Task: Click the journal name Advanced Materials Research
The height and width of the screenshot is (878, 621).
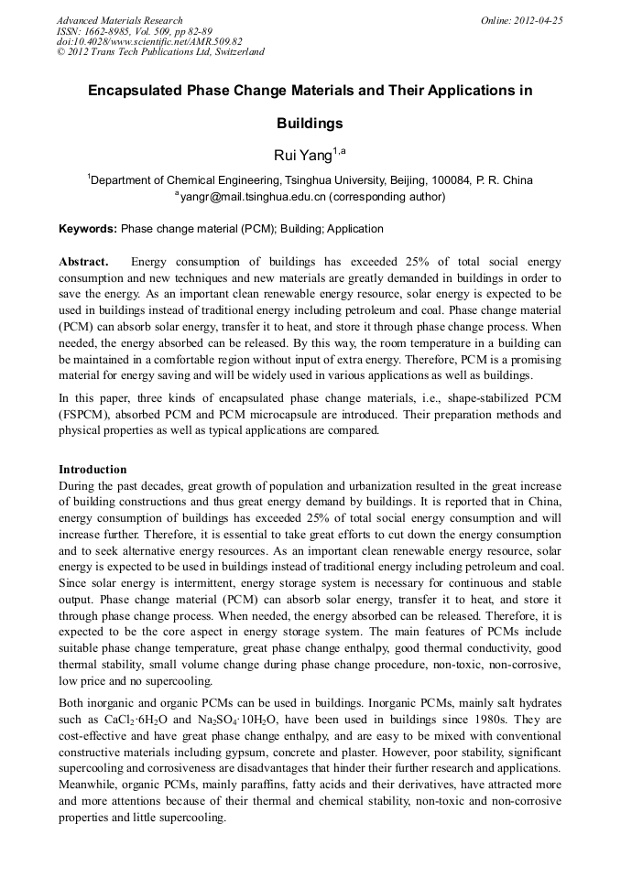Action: click(119, 20)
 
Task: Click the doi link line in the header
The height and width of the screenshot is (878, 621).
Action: click(149, 41)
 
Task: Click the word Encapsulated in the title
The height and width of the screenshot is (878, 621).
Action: click(136, 92)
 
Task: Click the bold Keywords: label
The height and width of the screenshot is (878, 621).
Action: click(88, 229)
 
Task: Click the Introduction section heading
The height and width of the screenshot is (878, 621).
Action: click(93, 470)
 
